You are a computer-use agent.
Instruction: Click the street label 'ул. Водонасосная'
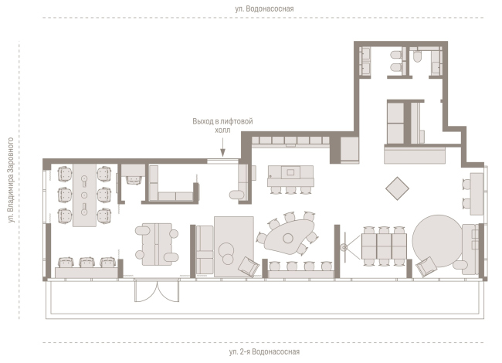pyautogui.click(x=264, y=8)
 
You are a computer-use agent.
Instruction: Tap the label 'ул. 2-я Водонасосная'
pyautogui.click(x=264, y=351)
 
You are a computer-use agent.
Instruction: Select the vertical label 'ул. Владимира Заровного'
pyautogui.click(x=11, y=180)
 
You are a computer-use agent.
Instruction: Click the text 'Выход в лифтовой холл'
pyautogui.click(x=222, y=125)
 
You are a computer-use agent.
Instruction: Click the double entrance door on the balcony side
pyautogui.click(x=157, y=290)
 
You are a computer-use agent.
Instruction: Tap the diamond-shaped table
pyautogui.click(x=397, y=188)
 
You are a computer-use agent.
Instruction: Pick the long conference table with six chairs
pyautogui.click(x=84, y=195)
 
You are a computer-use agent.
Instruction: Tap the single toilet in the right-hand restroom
pyautogui.click(x=417, y=57)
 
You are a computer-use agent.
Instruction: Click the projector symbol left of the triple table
pyautogui.click(x=344, y=247)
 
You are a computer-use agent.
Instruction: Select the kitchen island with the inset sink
pyautogui.click(x=290, y=176)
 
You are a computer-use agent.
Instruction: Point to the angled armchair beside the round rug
pyautogui.click(x=426, y=266)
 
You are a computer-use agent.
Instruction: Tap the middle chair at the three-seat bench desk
pyautogui.click(x=87, y=262)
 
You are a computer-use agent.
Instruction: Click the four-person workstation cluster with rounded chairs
pyautogui.click(x=157, y=244)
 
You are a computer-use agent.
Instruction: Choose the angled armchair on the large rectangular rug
pyautogui.click(x=249, y=266)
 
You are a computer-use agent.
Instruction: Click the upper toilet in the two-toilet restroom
pyautogui.click(x=396, y=55)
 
